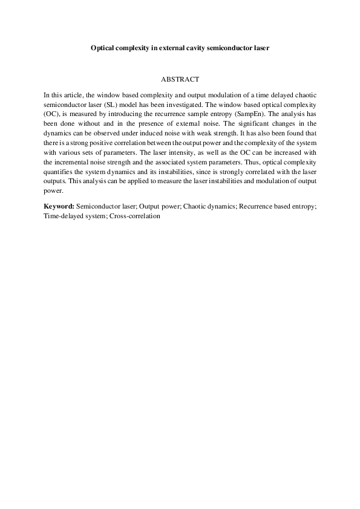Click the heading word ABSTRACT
click(180, 79)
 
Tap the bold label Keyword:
click(59, 206)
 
